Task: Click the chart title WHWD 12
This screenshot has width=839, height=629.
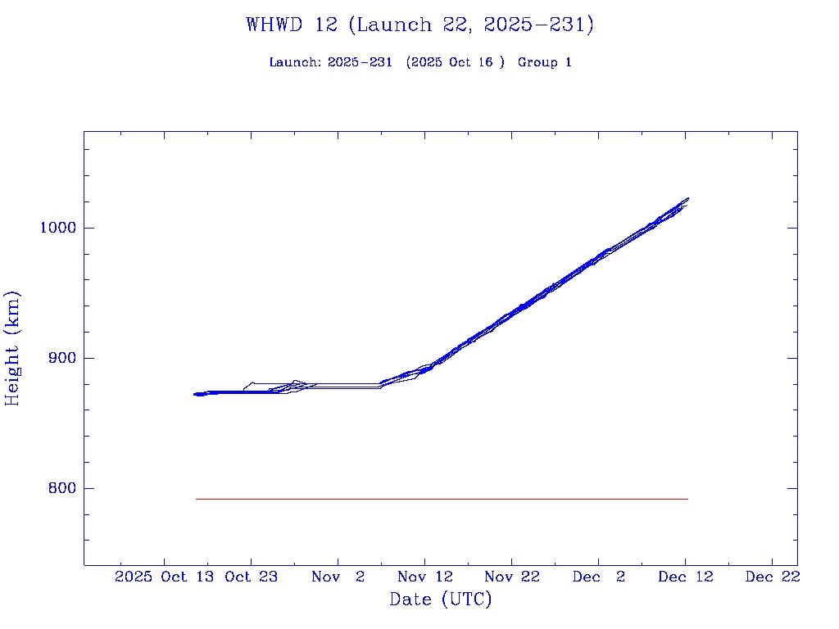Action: pos(419,25)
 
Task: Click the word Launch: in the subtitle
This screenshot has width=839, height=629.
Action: pos(296,62)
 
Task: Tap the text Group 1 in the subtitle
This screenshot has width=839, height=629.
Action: pos(545,62)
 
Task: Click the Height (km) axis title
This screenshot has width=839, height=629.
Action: pos(12,348)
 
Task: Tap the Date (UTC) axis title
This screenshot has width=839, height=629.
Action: pos(441,600)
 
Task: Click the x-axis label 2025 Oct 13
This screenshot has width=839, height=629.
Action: pos(165,577)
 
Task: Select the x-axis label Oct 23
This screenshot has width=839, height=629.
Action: pos(251,577)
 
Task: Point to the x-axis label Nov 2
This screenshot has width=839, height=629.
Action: pos(338,577)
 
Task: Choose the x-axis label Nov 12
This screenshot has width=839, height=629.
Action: pos(424,577)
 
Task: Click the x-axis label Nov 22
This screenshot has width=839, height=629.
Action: pos(511,577)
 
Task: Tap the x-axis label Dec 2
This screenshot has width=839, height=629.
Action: pos(598,577)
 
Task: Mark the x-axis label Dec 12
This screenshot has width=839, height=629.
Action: pos(685,577)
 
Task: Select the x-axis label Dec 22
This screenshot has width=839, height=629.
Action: pos(772,577)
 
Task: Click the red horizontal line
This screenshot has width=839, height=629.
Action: pos(442,499)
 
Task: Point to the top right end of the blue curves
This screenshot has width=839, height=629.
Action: pos(687,199)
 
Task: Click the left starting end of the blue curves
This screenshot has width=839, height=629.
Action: pos(196,394)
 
